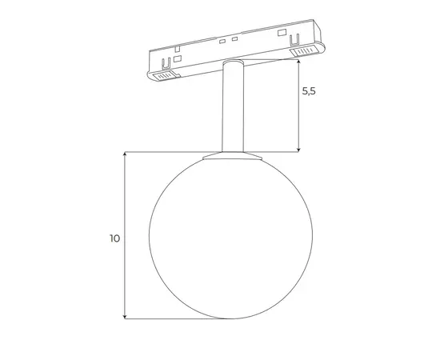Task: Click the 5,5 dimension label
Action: pos(309,91)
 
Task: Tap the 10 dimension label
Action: pos(114,238)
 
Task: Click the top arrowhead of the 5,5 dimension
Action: pos(298,62)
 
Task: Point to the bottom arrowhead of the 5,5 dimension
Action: pos(298,150)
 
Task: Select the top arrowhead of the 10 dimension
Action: pos(125,155)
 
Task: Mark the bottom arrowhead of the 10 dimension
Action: pos(125,316)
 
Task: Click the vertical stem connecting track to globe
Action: pos(233,106)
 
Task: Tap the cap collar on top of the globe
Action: pos(233,156)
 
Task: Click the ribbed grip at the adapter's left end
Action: pos(163,76)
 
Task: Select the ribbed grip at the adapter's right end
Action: pos(304,50)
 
